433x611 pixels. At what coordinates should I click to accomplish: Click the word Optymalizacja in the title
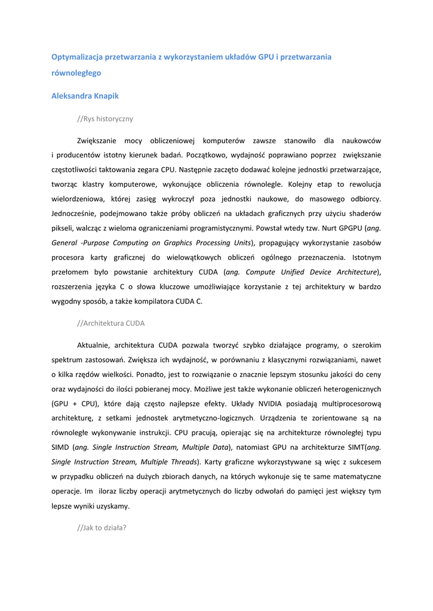tap(76, 57)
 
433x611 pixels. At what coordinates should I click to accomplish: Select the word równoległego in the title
tap(76, 73)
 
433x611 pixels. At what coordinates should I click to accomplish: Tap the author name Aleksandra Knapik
tap(85, 95)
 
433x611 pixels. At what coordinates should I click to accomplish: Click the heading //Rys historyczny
tap(105, 119)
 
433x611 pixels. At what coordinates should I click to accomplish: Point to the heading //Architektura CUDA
tap(110, 323)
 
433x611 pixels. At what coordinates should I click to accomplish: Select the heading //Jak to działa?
tap(102, 528)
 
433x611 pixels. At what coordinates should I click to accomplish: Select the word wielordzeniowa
tap(79, 199)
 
